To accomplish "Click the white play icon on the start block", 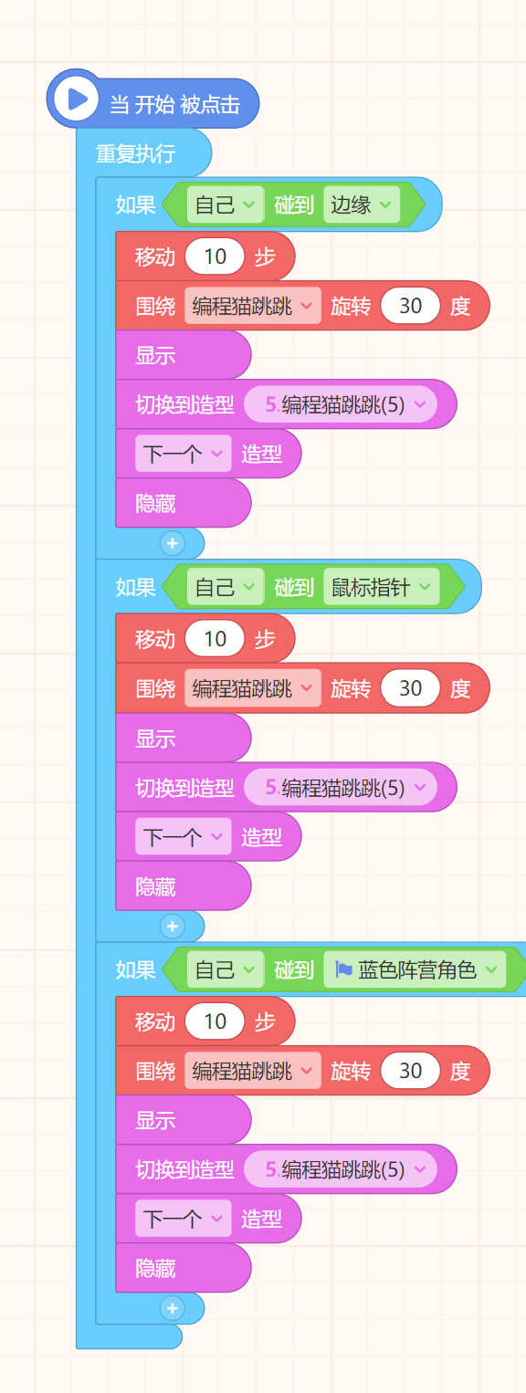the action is click(x=76, y=99).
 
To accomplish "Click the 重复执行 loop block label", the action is click(x=135, y=153).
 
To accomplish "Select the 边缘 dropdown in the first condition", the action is click(x=362, y=204).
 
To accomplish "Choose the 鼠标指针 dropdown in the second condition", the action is click(x=381, y=586).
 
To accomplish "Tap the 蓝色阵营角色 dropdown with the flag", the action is click(x=415, y=969).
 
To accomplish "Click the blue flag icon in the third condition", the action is click(x=343, y=969).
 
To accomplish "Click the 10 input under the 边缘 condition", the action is click(x=215, y=257).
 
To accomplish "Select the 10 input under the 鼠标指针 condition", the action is click(x=215, y=639).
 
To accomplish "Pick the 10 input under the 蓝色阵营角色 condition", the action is click(x=215, y=1021).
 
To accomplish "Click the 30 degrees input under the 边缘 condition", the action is click(x=410, y=305).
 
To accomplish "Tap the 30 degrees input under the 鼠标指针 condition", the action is click(x=410, y=687).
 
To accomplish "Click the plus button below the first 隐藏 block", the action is click(x=173, y=543).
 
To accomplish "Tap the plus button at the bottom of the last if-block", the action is click(x=173, y=1308).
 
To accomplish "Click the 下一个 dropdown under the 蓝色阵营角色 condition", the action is click(x=184, y=1219).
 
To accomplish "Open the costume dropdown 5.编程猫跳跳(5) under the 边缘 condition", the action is click(x=340, y=404).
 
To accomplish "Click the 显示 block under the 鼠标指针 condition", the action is click(x=183, y=738).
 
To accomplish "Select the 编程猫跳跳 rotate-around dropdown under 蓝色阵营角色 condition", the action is click(x=252, y=1070).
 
